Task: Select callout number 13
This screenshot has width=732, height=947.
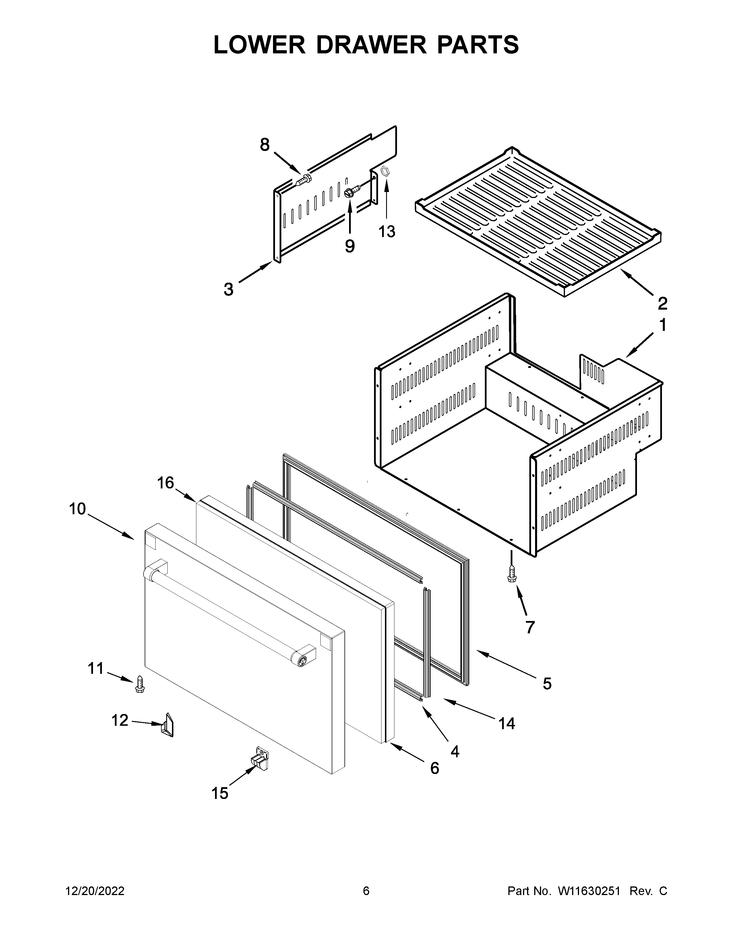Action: click(x=387, y=232)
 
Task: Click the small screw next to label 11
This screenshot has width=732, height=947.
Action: click(x=140, y=684)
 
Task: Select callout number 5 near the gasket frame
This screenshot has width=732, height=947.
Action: click(x=547, y=684)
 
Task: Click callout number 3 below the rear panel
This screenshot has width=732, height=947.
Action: click(x=228, y=289)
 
